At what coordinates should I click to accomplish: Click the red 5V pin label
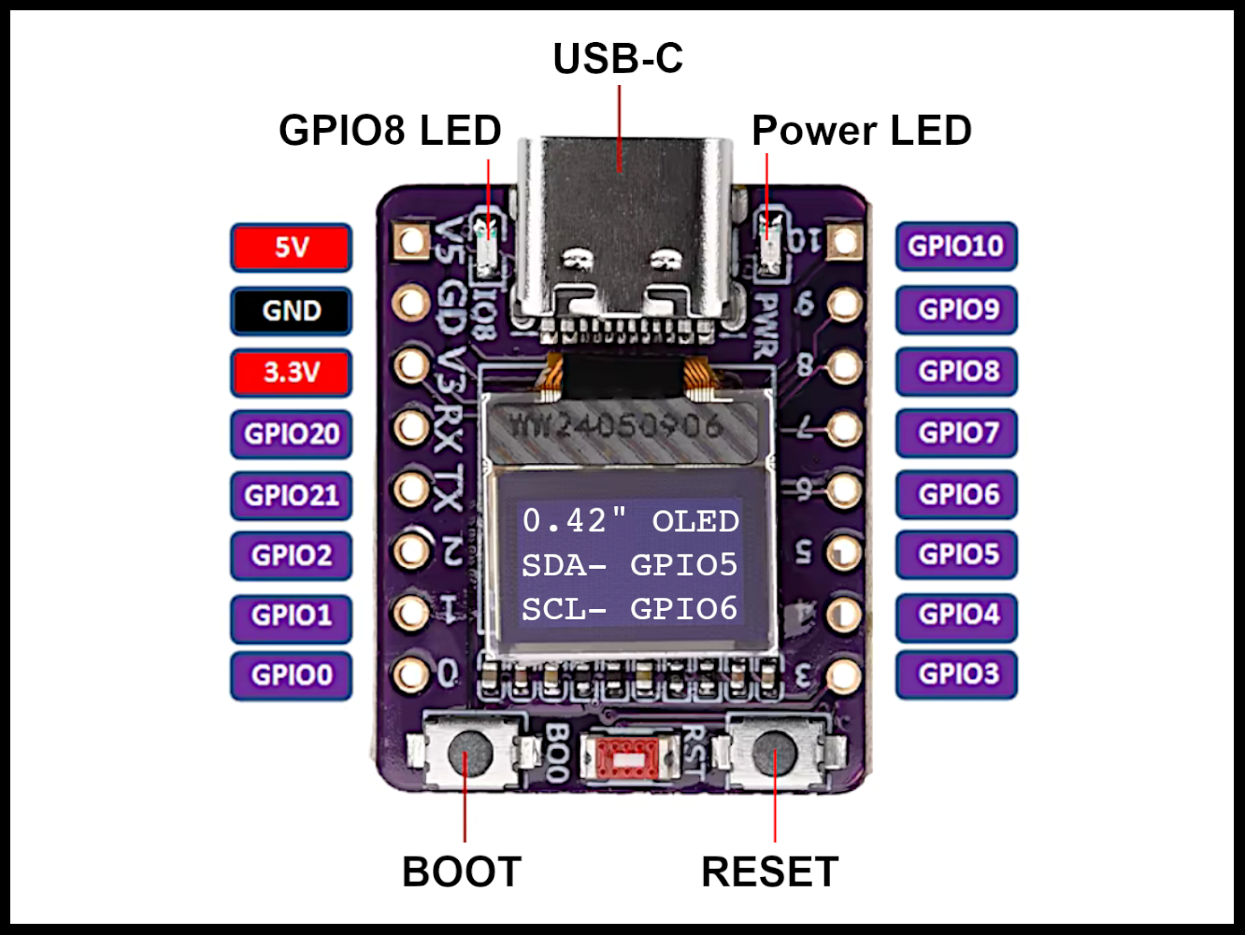tap(291, 248)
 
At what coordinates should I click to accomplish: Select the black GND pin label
tap(291, 310)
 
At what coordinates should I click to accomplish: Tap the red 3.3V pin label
tap(291, 373)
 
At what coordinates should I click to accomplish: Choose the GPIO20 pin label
tap(291, 434)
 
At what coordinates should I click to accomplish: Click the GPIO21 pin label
tap(291, 495)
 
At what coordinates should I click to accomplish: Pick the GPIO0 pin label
tap(291, 675)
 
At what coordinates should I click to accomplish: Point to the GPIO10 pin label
tap(955, 247)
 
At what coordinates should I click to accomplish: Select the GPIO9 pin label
tap(955, 309)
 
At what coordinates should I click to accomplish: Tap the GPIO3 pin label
tap(955, 674)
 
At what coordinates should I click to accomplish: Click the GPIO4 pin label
tap(955, 615)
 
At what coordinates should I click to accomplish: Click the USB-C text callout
tap(618, 58)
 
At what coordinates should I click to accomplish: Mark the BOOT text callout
tap(461, 872)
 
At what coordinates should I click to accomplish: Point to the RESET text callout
tap(769, 872)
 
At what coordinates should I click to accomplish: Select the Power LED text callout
tap(861, 131)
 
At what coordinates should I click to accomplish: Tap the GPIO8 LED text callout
tap(390, 131)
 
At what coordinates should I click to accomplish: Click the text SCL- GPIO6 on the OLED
tap(629, 609)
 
